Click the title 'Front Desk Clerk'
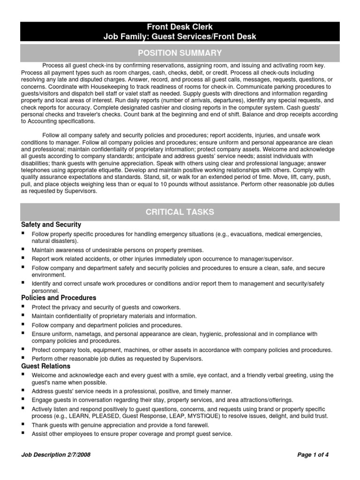(x=180, y=27)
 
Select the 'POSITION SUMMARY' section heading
(x=180, y=52)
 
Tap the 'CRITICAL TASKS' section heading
(x=180, y=212)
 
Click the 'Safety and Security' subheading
(x=51, y=225)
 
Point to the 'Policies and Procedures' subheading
(x=59, y=298)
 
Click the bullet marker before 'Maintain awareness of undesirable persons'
(x=23, y=250)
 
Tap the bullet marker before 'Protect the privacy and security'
(x=23, y=307)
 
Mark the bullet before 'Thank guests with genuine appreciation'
(x=23, y=425)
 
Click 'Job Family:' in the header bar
(x=125, y=36)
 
